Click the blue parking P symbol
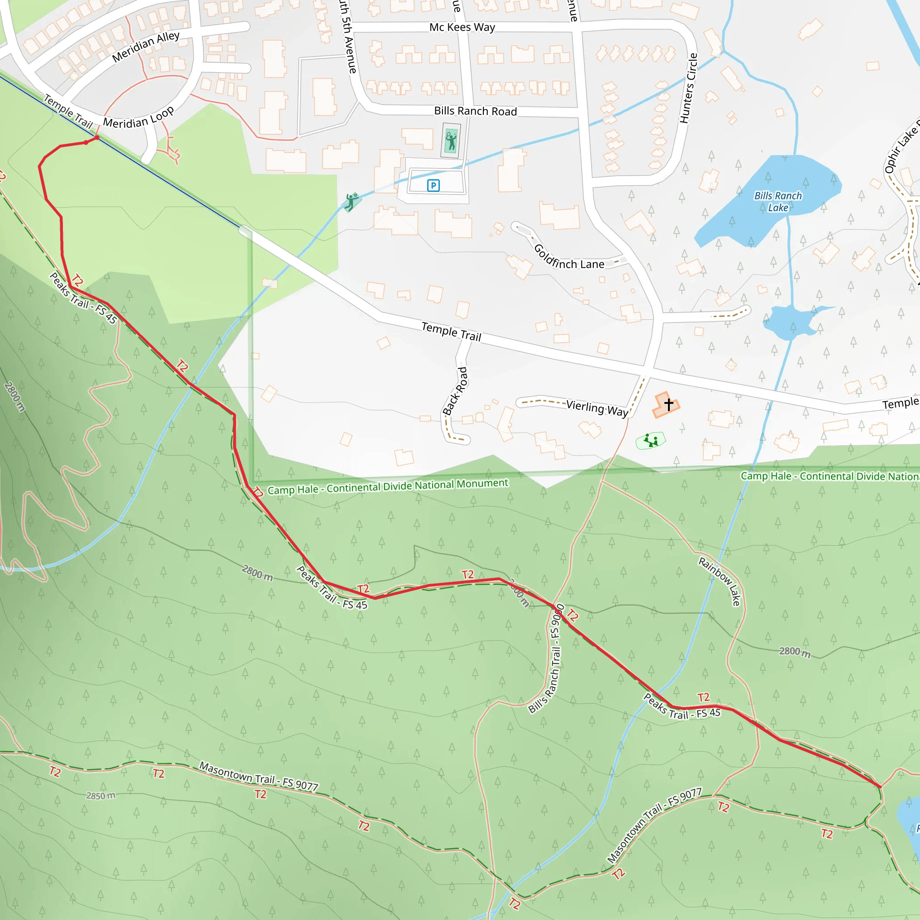coord(433,185)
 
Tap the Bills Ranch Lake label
coord(778,201)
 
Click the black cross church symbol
coord(668,404)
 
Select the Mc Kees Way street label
coord(462,27)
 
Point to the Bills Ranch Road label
coord(475,111)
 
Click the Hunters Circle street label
coord(689,88)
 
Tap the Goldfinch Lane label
coord(569,257)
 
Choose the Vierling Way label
coord(597,408)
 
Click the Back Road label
coord(455,391)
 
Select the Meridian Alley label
coord(146,46)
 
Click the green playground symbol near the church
coord(650,441)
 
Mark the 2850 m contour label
coord(101,796)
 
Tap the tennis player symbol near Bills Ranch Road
coord(451,141)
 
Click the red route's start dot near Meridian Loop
coord(97,137)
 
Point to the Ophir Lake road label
coord(901,148)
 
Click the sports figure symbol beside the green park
coord(351,202)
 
